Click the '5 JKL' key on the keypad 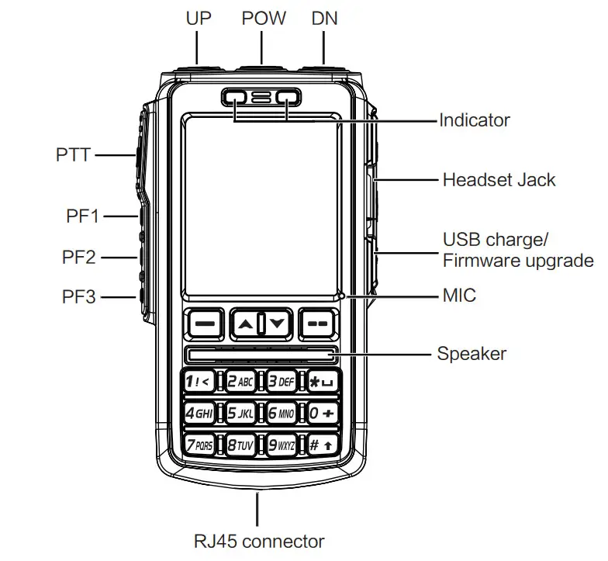point(240,413)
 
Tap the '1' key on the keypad point(199,381)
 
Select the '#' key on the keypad point(321,445)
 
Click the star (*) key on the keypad point(321,381)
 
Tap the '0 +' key point(321,413)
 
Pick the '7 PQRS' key point(199,445)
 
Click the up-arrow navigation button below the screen point(245,324)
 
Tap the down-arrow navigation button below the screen point(277,324)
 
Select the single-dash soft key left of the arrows point(204,324)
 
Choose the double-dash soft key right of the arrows point(318,324)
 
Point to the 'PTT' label point(73,155)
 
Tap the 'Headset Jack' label point(499,180)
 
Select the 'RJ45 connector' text point(258,541)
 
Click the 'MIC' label point(458,296)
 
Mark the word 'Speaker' point(472,354)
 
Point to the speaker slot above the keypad point(261,355)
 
